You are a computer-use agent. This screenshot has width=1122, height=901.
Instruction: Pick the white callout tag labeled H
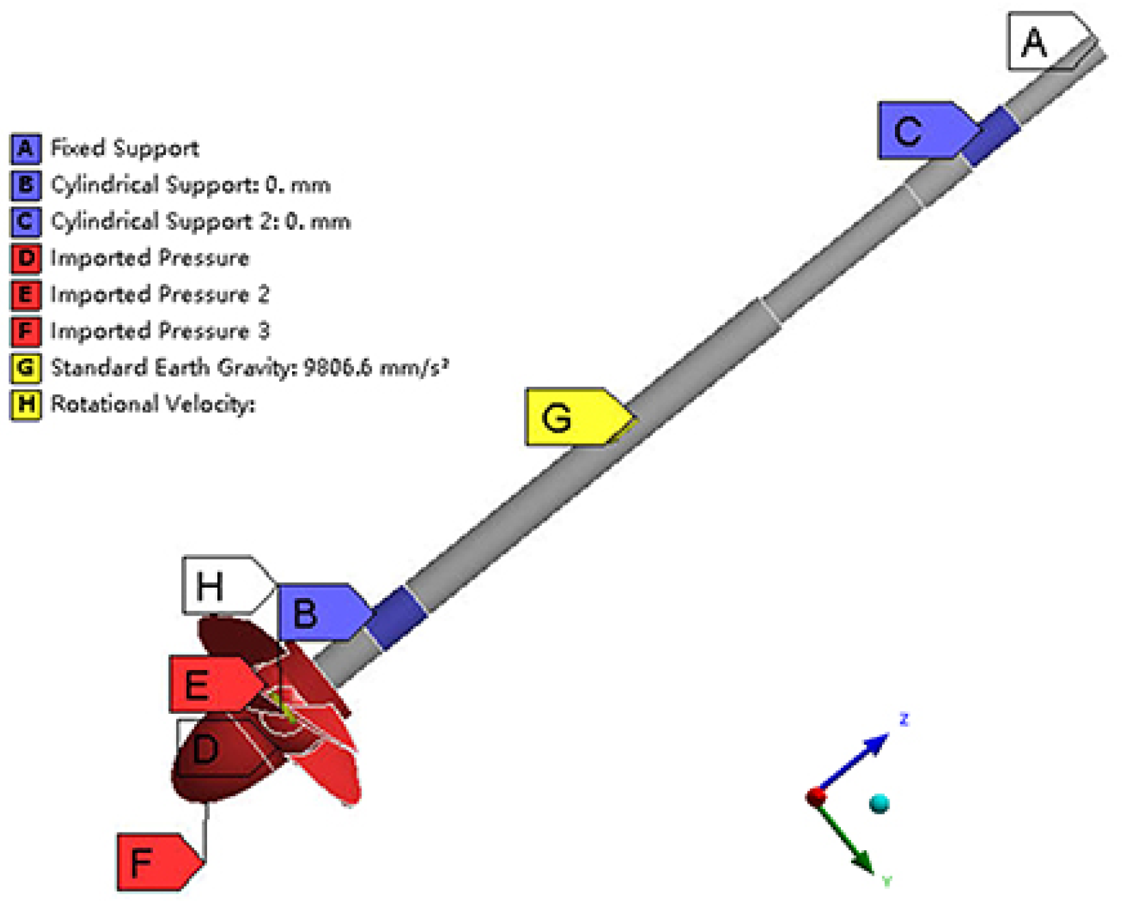click(x=219, y=585)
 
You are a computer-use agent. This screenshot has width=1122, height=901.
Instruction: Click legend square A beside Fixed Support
click(x=25, y=148)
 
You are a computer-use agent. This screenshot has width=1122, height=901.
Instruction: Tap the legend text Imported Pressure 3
click(x=160, y=331)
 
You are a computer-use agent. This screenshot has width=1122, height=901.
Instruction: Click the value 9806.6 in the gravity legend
click(x=337, y=368)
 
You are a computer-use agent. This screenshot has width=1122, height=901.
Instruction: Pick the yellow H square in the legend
click(x=25, y=405)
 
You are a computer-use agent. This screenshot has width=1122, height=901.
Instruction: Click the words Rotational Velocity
click(x=152, y=405)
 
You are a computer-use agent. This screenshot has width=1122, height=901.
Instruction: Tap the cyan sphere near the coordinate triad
click(x=879, y=804)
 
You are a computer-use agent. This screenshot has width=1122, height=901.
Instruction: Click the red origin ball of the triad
click(x=815, y=797)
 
